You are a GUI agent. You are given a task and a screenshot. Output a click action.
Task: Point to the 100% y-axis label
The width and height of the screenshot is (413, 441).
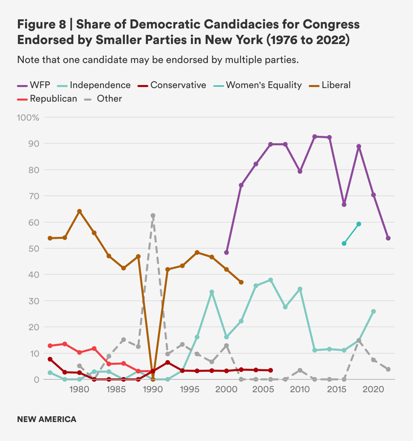[x=28, y=118]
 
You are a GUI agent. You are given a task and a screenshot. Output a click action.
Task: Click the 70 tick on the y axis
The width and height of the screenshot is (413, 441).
[x=35, y=196]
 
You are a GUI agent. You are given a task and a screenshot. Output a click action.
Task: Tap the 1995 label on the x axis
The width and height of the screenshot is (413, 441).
[x=189, y=390]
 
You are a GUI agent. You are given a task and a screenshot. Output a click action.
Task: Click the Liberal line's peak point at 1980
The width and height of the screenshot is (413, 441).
[x=80, y=211]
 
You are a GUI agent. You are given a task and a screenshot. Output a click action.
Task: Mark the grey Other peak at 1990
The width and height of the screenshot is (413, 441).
[x=153, y=216]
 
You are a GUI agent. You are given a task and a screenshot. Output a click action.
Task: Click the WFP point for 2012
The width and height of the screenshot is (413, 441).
[x=314, y=136]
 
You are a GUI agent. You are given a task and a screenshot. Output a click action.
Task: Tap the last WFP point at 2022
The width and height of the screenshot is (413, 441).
[x=388, y=238]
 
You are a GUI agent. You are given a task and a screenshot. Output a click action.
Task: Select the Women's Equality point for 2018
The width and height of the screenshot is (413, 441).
[x=359, y=224]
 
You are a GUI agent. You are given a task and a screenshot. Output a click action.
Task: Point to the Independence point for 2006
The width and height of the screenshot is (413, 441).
[x=270, y=280]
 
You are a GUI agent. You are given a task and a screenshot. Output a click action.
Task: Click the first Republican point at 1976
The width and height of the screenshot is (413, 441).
[x=50, y=346]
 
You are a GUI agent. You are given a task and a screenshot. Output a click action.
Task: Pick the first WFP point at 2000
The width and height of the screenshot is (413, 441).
[x=226, y=253]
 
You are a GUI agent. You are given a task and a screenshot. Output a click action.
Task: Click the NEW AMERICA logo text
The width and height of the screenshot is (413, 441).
[x=47, y=419]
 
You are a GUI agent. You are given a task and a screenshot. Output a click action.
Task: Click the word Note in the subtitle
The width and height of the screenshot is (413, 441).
[x=28, y=60]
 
